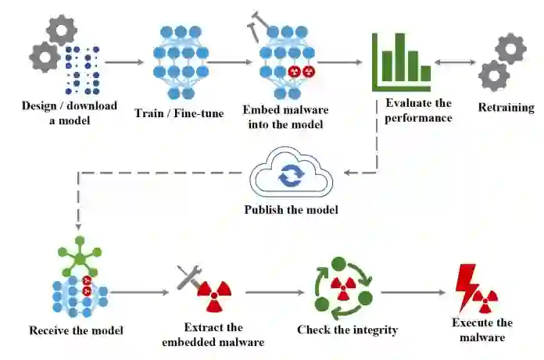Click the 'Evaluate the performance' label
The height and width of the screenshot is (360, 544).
pos(418,110)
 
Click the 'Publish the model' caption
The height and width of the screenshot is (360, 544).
pos(291,209)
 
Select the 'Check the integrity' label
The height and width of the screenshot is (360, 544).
pos(347,330)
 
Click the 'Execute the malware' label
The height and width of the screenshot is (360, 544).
pos(481,330)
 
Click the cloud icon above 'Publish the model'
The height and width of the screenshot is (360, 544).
pos(291,173)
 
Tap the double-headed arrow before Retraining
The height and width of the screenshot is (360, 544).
pos(455,62)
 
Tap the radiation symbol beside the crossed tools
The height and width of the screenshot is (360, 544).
pos(214,293)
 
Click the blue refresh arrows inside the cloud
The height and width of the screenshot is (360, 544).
pos(290,175)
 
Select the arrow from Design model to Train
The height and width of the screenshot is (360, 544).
pos(124,62)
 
